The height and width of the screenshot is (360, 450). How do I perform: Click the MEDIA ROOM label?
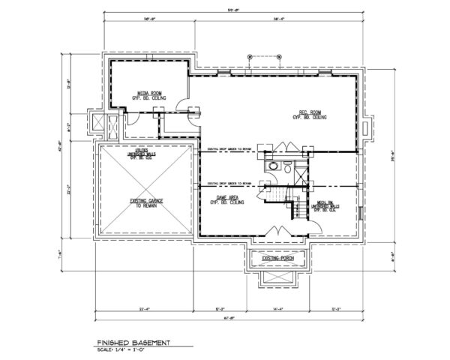click(152, 94)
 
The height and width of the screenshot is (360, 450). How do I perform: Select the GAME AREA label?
click(226, 197)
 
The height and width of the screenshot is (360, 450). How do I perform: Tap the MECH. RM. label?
click(324, 205)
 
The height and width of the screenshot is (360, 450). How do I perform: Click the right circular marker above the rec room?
click(279, 55)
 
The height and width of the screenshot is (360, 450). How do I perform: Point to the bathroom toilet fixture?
click(274, 166)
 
